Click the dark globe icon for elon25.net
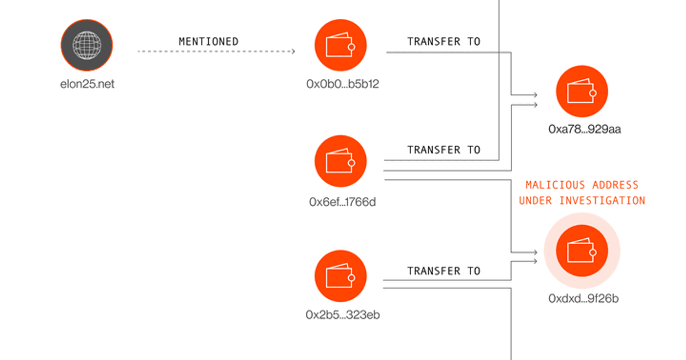point(87,45)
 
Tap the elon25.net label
point(87,84)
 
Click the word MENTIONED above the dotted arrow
point(209,42)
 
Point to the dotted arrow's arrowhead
point(293,51)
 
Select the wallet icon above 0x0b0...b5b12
point(341,45)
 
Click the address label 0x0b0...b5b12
point(342,84)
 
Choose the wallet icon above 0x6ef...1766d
point(341,161)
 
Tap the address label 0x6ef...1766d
point(342,202)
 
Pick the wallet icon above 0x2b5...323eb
point(341,276)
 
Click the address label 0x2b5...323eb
point(342,315)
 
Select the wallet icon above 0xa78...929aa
point(582,91)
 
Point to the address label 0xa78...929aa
point(585,129)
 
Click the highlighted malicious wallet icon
point(582,251)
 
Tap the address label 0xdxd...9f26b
point(584,298)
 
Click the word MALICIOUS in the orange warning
point(555,185)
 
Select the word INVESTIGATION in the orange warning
point(603,201)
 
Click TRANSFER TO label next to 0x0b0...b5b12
point(444,42)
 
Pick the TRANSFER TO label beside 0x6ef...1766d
point(444,150)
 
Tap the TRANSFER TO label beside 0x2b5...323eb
point(444,271)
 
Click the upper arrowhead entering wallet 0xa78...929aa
point(535,95)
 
